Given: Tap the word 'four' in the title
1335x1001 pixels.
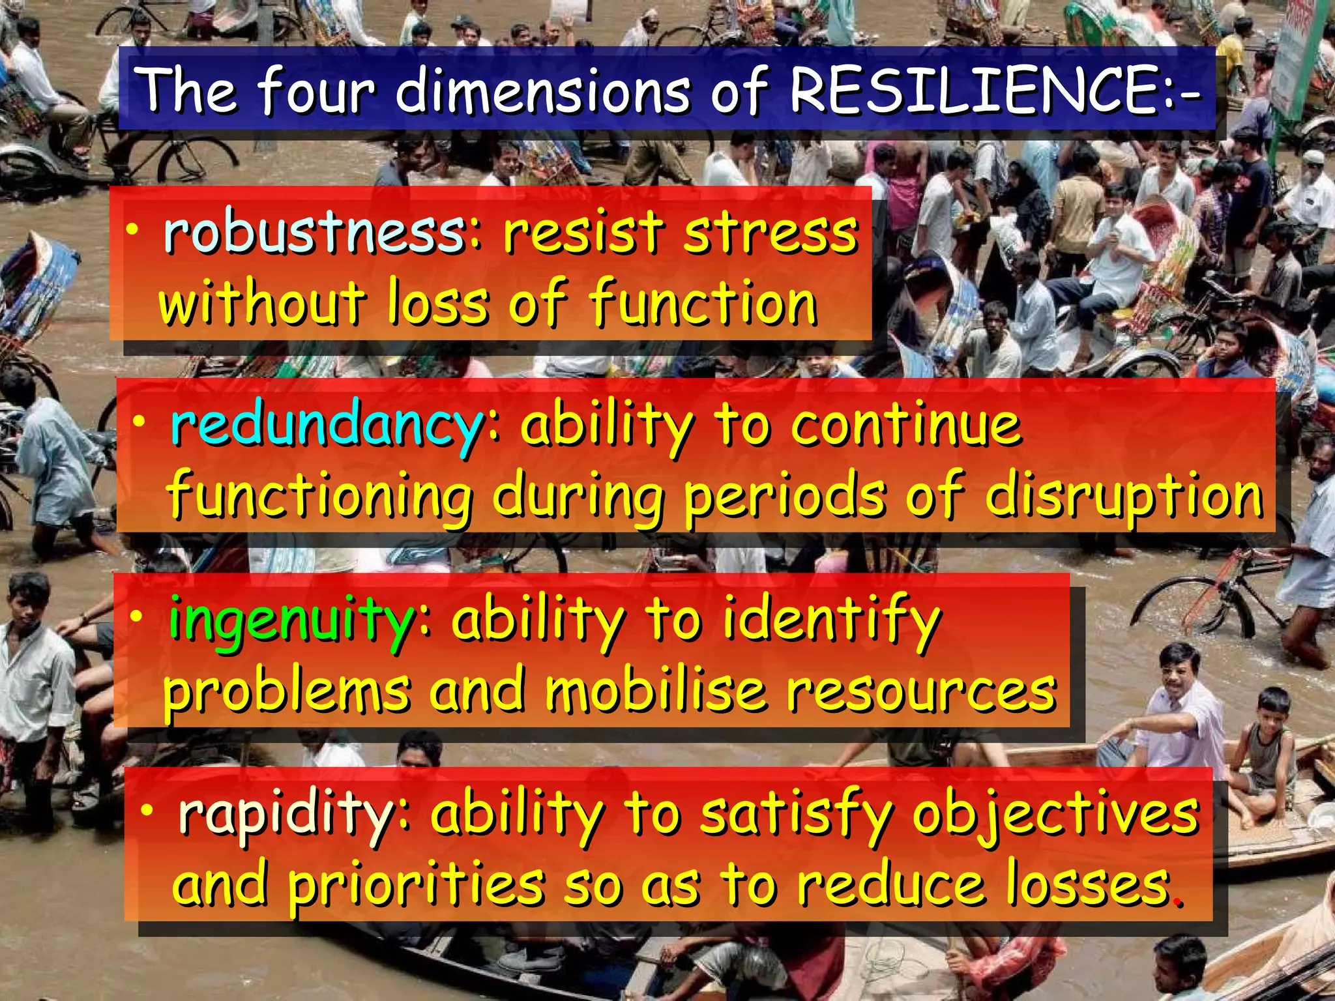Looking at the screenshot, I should [317, 91].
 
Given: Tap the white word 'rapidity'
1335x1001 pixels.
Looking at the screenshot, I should [286, 815].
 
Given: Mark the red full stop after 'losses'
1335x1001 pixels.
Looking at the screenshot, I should [1177, 902].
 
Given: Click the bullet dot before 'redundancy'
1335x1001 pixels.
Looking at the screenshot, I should [138, 422].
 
